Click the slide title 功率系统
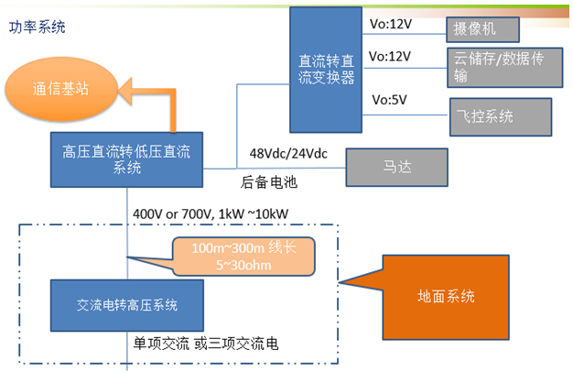point(38,27)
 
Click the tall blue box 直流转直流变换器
point(327,70)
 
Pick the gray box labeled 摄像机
point(483,29)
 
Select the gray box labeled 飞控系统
point(501,116)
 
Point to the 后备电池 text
point(269,182)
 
